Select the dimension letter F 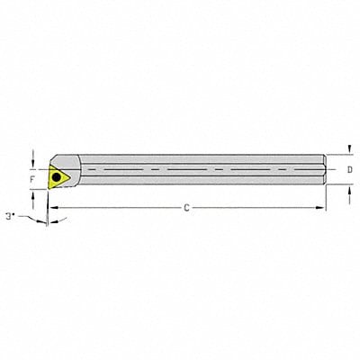(x=32, y=179)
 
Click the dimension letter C (x=185, y=209)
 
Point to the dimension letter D (x=349, y=168)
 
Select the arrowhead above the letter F (x=33, y=163)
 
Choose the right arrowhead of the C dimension (x=324, y=209)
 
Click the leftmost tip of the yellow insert (x=49, y=177)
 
